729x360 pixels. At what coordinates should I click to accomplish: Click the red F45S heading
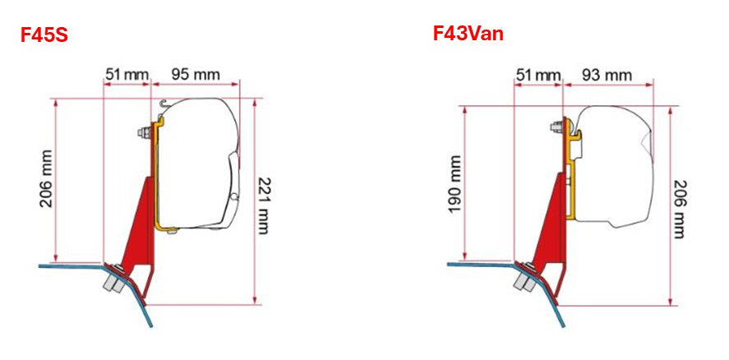point(44,35)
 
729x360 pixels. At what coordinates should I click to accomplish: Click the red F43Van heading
point(468,33)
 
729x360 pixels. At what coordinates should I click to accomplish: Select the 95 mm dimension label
point(196,75)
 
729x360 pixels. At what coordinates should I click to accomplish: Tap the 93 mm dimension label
point(607,75)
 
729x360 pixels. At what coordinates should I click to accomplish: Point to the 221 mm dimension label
point(263,205)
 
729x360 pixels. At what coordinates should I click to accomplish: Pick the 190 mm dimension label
point(455,184)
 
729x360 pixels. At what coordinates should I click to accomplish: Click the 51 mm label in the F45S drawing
point(127,75)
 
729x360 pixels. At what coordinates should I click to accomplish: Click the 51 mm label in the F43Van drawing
point(538,75)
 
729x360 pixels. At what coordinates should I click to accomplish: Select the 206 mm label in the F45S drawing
point(46,178)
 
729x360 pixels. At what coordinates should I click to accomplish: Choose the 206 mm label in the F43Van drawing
point(679,210)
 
